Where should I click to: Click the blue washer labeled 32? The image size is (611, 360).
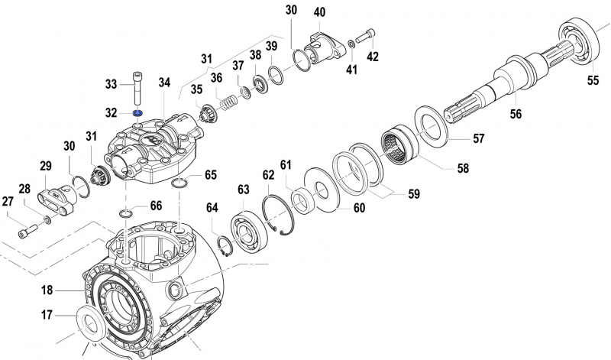click(138, 113)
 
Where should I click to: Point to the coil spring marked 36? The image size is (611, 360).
click(226, 99)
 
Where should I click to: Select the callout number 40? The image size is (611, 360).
click(319, 11)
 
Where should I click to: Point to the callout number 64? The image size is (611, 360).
click(211, 206)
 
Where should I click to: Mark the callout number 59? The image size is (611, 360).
click(413, 194)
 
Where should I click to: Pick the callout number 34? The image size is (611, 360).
click(165, 83)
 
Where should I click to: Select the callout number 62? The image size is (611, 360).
click(268, 175)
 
